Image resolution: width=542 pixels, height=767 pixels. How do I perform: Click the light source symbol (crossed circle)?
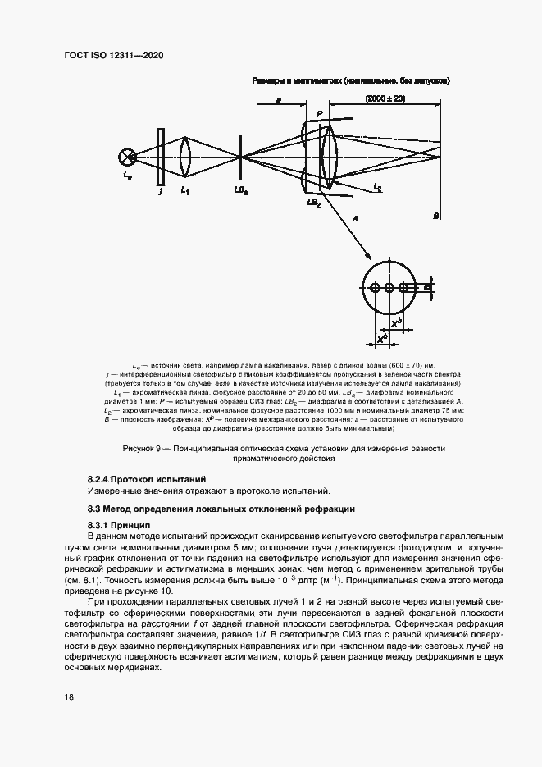tap(127, 154)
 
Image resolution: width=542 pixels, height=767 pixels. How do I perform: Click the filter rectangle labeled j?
tap(160, 154)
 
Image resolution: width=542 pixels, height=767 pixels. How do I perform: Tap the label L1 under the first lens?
tap(185, 191)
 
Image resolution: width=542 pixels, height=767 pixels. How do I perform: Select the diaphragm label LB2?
tap(313, 202)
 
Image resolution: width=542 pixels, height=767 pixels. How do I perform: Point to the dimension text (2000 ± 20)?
tap(385, 99)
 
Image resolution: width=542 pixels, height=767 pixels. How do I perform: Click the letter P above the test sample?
tap(319, 113)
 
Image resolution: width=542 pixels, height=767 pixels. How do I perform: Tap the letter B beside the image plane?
tap(436, 215)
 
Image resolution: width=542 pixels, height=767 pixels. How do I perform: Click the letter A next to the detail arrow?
tap(354, 220)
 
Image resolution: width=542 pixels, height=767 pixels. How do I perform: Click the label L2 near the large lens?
tap(376, 188)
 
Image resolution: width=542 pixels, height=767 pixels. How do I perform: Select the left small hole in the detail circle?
tap(376, 288)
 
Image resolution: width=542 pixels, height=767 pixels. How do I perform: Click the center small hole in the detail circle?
tap(389, 288)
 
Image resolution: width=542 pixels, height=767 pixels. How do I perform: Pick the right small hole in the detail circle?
tap(403, 288)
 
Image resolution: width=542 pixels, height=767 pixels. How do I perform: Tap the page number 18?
tap(69, 696)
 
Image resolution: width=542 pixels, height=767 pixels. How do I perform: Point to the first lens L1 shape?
tap(185, 154)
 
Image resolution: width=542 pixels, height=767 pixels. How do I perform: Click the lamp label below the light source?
tap(125, 175)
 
